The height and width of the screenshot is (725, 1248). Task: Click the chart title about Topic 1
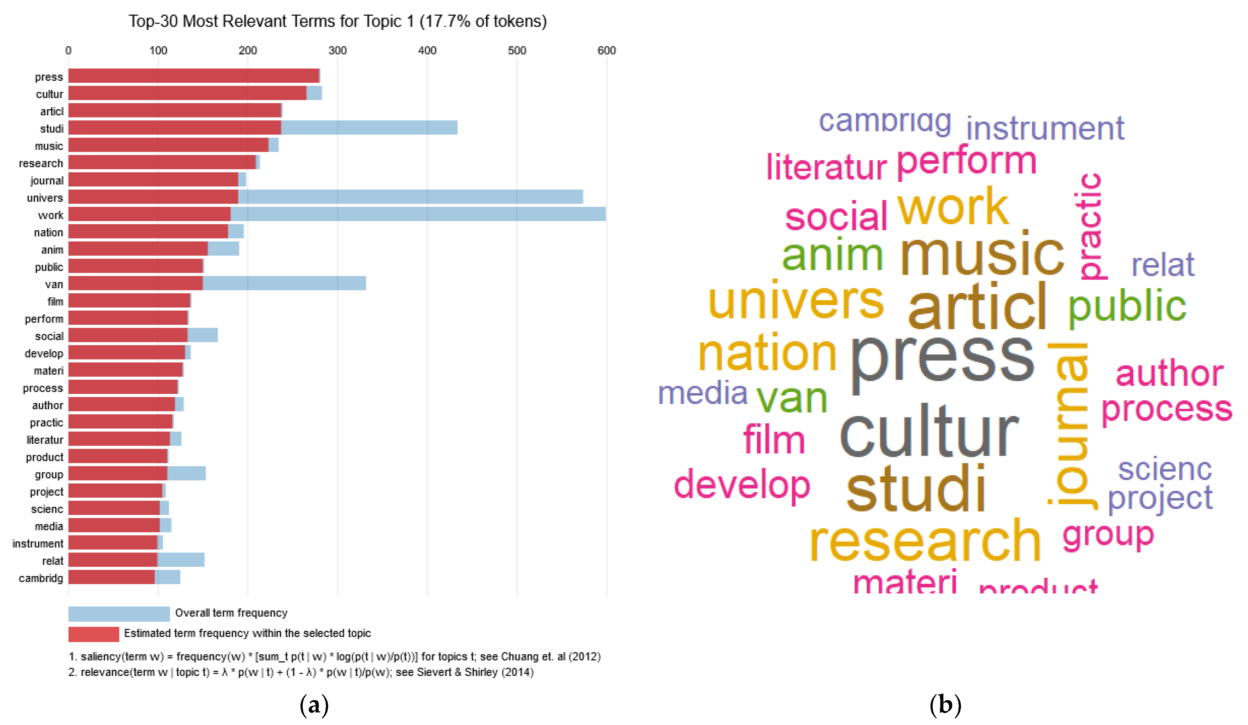(337, 21)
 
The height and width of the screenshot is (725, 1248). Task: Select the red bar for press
(193, 76)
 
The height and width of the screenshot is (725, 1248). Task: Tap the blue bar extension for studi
(369, 128)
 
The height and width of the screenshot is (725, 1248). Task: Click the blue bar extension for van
(284, 283)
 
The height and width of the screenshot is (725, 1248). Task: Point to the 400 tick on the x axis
(427, 51)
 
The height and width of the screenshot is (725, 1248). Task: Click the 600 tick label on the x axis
(606, 51)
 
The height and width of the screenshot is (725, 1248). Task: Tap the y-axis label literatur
(45, 440)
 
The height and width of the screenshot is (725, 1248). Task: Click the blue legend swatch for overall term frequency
(119, 614)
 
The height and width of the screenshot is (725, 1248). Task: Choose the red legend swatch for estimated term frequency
(94, 634)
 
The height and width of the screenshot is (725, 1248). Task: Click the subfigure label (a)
(314, 704)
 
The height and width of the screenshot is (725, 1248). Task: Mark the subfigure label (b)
(945, 704)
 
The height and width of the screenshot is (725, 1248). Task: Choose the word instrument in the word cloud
(1045, 128)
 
